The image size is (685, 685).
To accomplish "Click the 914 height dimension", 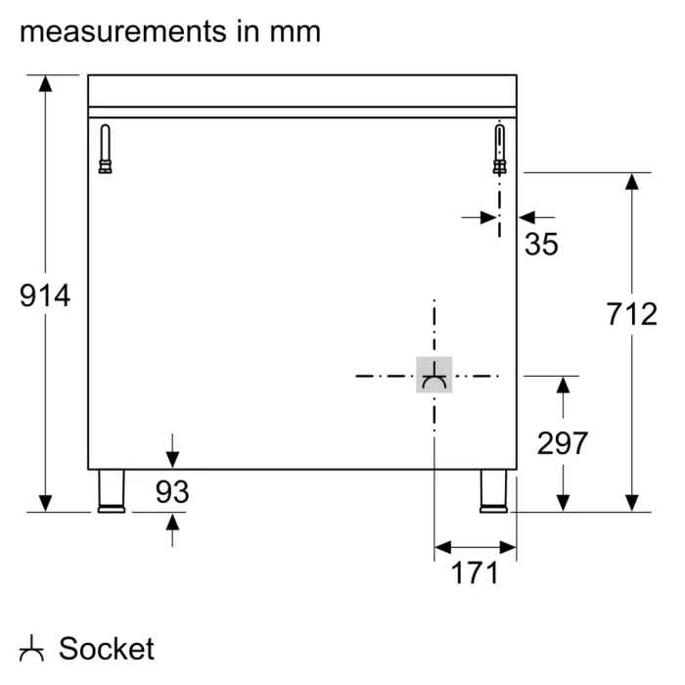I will coord(45,295).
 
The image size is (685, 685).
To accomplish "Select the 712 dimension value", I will coord(631,314).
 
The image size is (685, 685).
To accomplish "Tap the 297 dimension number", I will coord(562,443).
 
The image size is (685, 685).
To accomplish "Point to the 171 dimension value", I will coord(475,572).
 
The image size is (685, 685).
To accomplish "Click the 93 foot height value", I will coord(172,492).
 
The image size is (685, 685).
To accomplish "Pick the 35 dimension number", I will coord(541,244).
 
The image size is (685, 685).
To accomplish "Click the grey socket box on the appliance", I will coord(434,376).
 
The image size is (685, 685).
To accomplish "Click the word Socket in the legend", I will coord(107,648).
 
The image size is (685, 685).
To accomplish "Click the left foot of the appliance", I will coord(111,490).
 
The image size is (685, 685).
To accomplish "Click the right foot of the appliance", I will coord(493,490).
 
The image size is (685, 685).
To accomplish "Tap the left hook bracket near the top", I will coord(106,150).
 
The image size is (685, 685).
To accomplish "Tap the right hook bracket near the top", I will coord(500,150).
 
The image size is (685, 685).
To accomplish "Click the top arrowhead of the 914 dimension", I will coord(45,84).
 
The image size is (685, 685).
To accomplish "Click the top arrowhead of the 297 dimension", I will coord(563,386).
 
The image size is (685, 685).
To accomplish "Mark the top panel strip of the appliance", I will coord(302,90).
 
